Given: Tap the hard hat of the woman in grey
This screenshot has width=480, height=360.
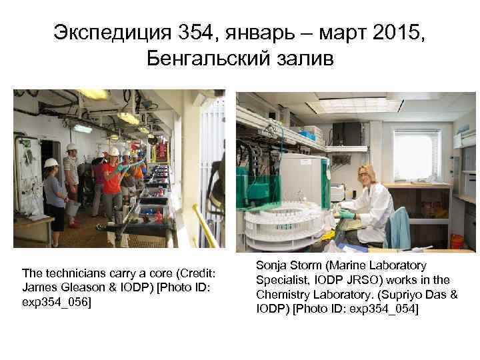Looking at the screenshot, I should pos(51,162).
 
